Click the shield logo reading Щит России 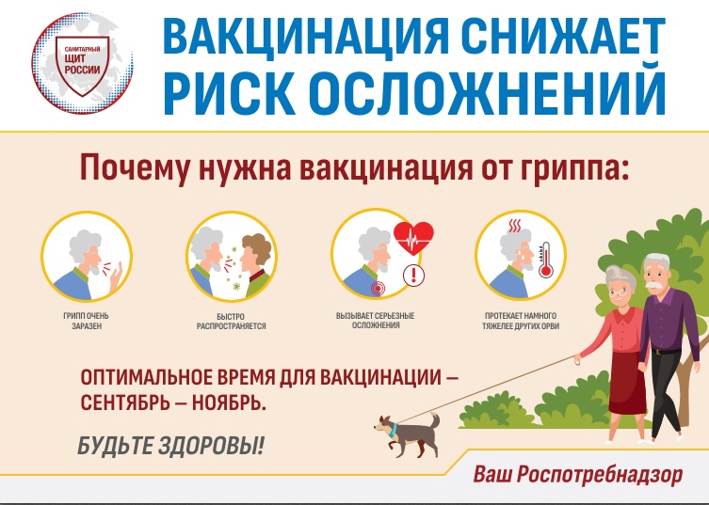82,66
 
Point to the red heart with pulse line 413,238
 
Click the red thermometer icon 545,260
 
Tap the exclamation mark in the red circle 413,276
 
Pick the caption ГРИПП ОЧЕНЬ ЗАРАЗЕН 86,321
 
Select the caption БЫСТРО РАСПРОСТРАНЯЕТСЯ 231,322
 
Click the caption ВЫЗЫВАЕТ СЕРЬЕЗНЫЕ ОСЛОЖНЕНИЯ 376,321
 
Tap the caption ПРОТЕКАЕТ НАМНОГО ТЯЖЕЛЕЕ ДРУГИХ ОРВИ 521,321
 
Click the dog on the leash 407,434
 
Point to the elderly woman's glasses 619,292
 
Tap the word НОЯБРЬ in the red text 229,402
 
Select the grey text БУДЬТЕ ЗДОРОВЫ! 170,446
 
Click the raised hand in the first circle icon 115,276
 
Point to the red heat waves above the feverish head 515,226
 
